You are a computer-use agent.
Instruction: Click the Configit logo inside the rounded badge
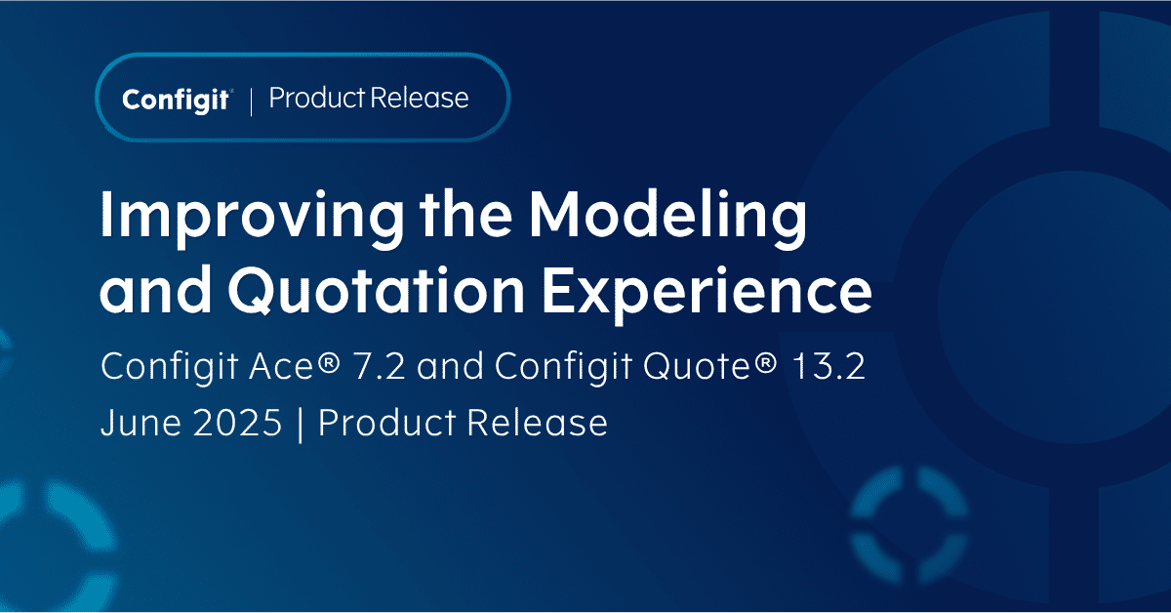pos(176,100)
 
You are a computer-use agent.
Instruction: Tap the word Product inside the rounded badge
pos(304,99)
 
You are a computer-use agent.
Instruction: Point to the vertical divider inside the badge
pos(252,100)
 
